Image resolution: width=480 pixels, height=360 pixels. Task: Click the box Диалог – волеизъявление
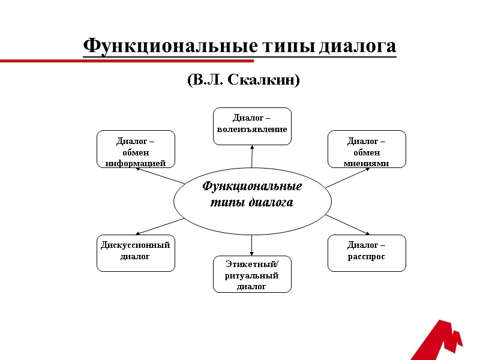[252, 126]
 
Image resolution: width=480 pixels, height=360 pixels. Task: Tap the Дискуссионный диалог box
[136, 253]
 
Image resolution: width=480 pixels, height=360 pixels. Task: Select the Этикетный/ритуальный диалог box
[252, 274]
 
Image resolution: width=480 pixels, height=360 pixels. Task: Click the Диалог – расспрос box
[367, 253]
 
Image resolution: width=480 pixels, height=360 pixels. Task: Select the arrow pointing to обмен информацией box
[159, 175]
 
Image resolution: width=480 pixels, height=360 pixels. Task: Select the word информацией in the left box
[136, 163]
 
